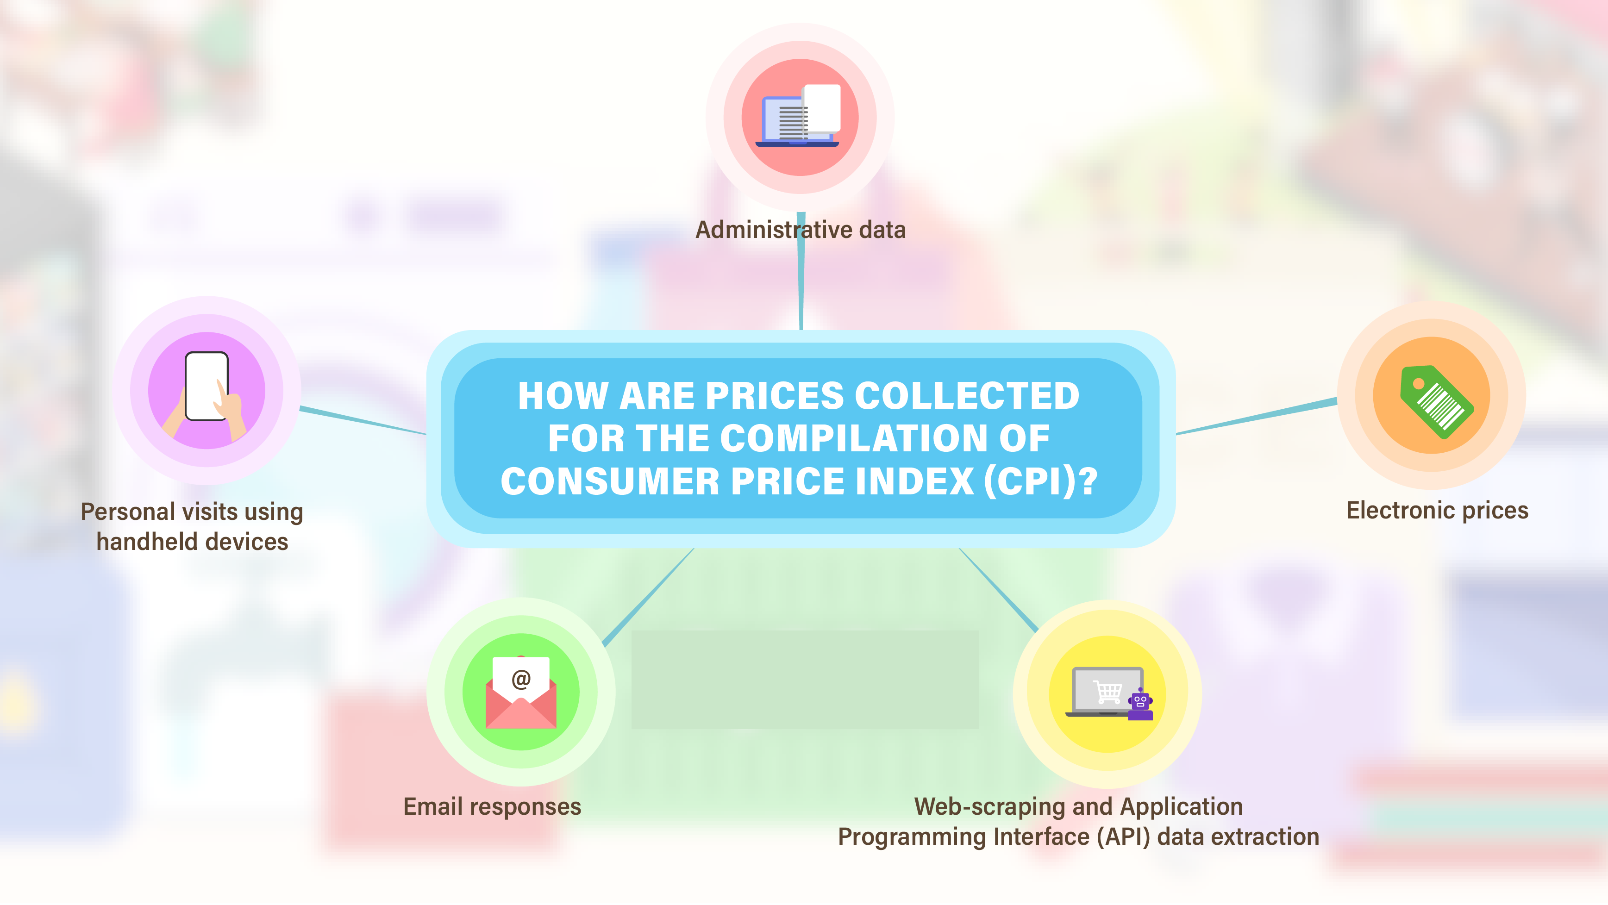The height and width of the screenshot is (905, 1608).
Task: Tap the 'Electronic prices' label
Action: [1437, 511]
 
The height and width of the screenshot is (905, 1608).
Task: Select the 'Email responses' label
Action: [492, 806]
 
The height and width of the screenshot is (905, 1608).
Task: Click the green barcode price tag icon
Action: [1436, 401]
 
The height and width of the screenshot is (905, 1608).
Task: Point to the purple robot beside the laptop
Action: [1140, 704]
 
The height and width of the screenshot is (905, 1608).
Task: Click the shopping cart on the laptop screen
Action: [1107, 692]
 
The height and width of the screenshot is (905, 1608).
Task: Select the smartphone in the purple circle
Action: [206, 387]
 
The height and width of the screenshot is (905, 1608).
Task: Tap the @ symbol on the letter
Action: [520, 679]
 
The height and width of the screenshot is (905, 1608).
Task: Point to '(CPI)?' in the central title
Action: [1040, 481]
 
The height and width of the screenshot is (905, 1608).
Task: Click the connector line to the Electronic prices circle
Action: [1257, 416]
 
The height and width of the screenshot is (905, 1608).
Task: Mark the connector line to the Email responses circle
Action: [647, 597]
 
